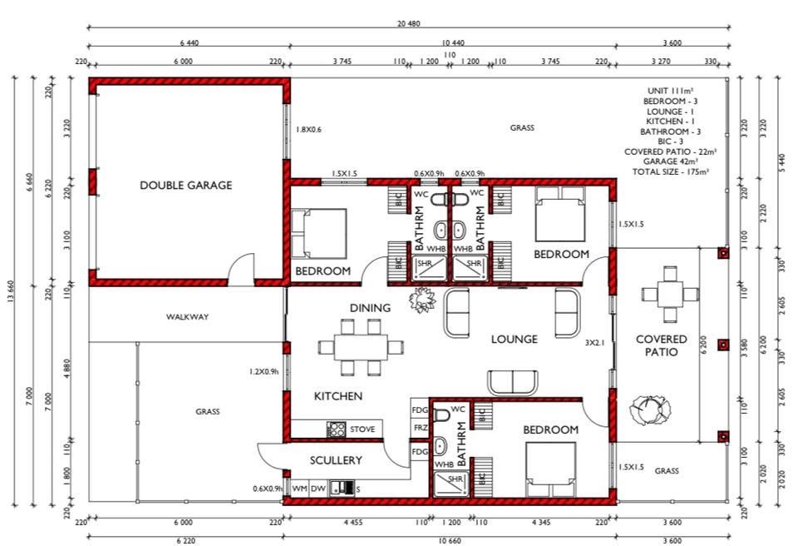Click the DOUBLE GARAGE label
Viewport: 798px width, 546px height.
(185, 185)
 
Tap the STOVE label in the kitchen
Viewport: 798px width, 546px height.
(362, 429)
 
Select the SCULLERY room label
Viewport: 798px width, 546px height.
(336, 460)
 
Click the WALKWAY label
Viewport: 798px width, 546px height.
(187, 316)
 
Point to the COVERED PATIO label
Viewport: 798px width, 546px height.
(661, 345)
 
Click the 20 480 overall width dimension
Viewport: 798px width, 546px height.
(409, 23)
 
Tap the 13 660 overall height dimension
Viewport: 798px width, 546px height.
(11, 291)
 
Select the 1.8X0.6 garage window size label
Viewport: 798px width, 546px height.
(309, 130)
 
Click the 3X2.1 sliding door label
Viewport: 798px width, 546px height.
(594, 343)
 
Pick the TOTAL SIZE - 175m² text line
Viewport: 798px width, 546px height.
(671, 171)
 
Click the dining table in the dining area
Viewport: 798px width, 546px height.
(361, 347)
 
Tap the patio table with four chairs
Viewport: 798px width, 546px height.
(670, 294)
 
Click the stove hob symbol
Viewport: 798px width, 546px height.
(336, 429)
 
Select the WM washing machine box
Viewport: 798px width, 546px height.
(300, 489)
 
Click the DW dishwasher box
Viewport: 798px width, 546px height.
(318, 489)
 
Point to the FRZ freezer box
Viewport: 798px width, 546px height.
(420, 428)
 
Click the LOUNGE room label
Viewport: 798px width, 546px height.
(514, 339)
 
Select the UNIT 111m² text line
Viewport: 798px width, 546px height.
(670, 92)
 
